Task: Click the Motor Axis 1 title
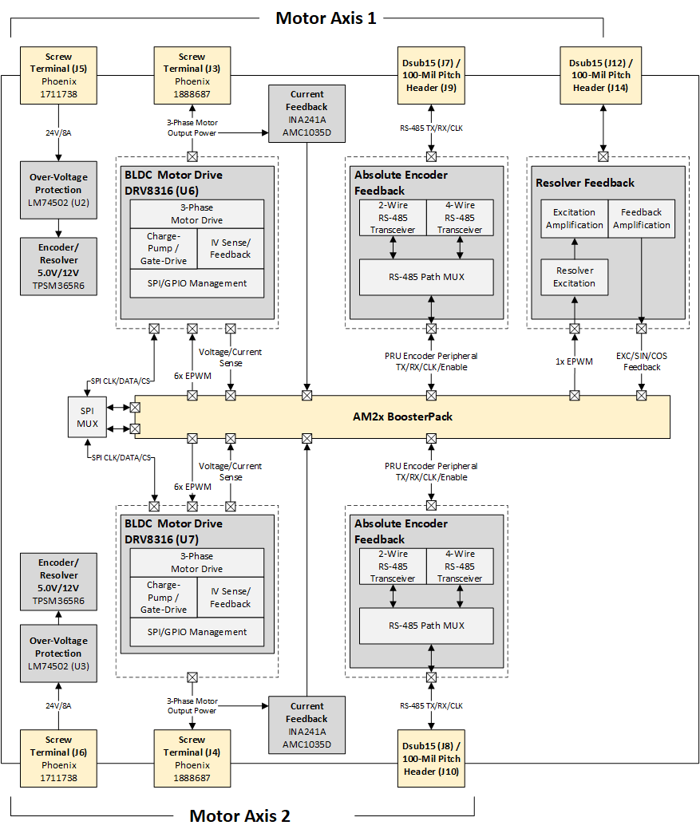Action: pos(326,18)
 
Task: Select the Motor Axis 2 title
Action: pos(239,815)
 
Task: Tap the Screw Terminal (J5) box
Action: pos(58,75)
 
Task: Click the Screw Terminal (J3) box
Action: pos(192,75)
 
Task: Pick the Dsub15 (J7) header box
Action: pos(431,75)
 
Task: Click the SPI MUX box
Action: pos(88,417)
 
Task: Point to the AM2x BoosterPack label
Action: pos(402,416)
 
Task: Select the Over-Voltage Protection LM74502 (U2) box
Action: pos(58,190)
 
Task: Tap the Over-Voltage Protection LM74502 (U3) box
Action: pos(58,653)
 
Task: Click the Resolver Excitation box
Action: pos(575,277)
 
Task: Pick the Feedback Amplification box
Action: pos(641,219)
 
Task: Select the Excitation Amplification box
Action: pos(575,219)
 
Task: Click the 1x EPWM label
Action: pos(575,361)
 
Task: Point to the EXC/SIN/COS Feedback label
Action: pos(642,361)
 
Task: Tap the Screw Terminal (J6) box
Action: pos(58,758)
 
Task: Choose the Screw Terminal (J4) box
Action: pos(192,758)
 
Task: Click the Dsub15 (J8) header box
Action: pos(431,758)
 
